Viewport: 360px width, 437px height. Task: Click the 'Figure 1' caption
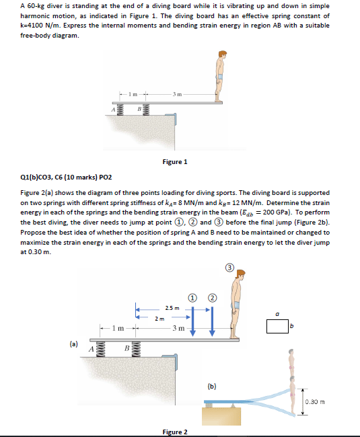coord(175,162)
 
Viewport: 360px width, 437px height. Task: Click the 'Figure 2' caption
coord(175,431)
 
